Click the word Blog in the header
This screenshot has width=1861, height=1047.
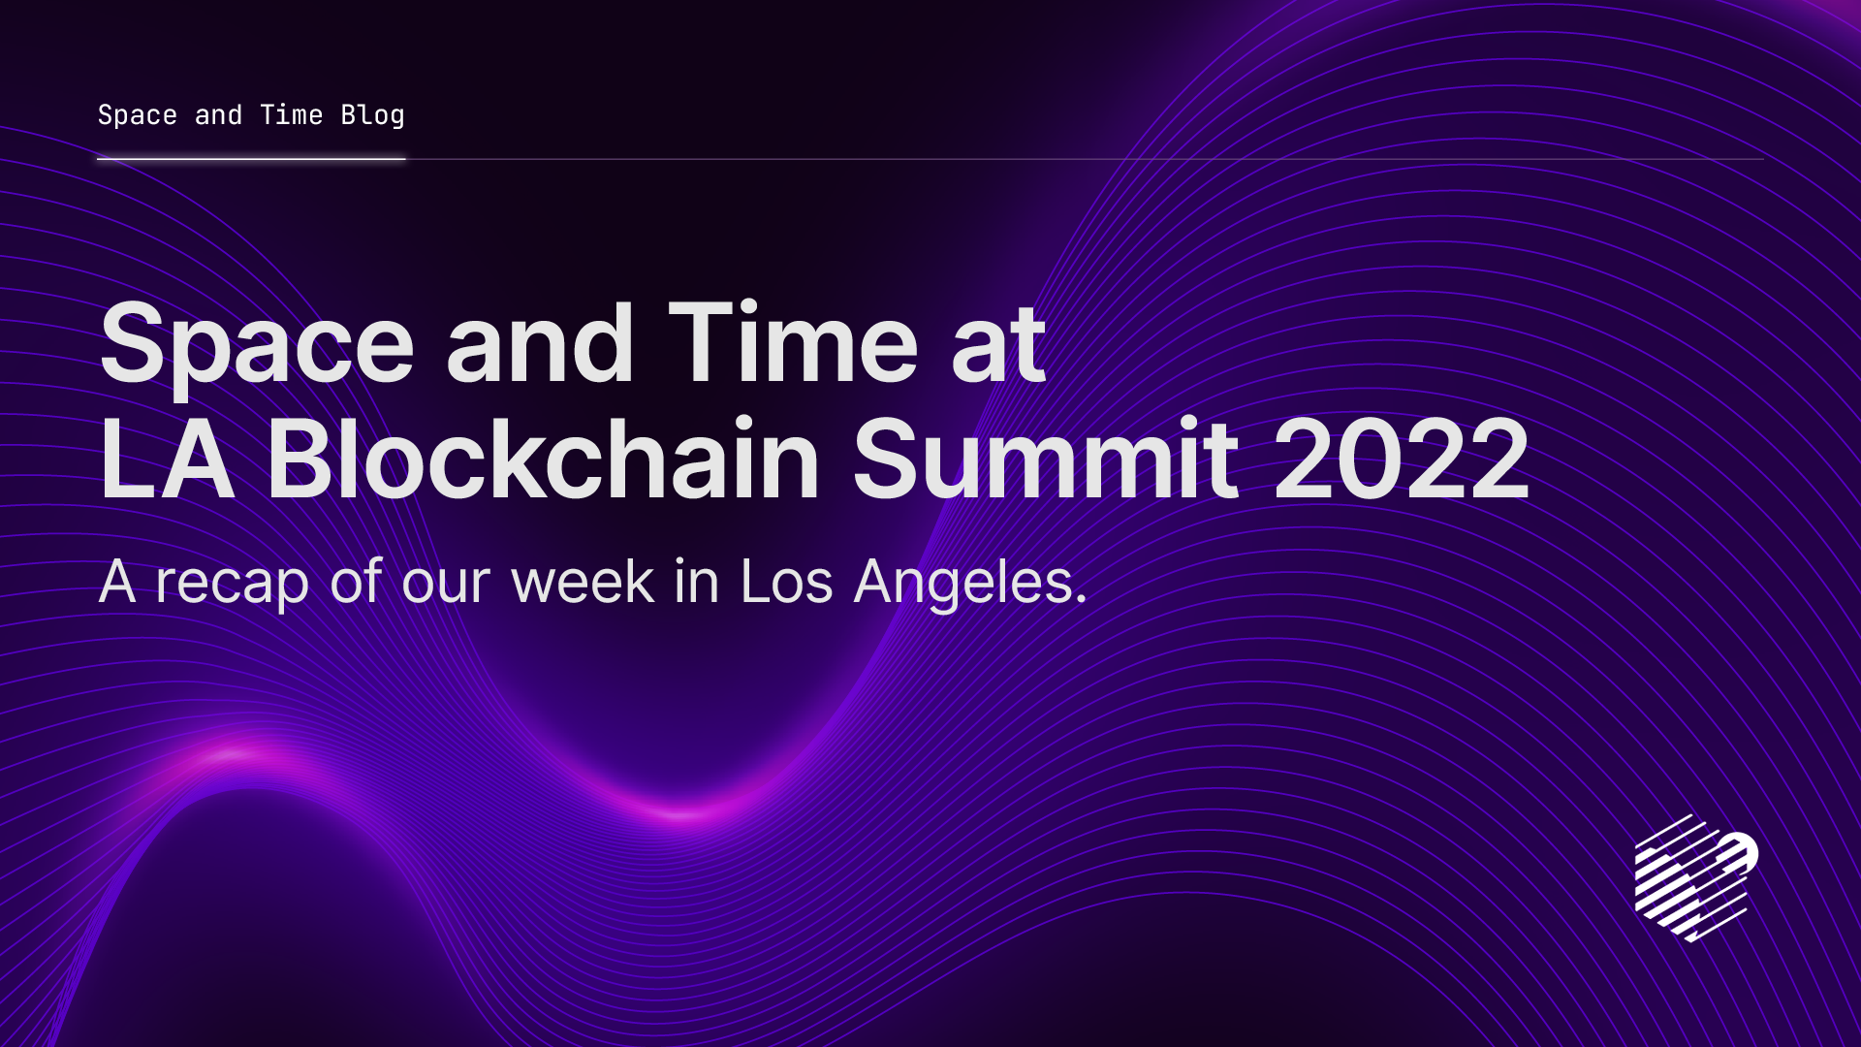[x=372, y=115]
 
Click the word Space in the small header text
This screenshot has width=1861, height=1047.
[x=137, y=115]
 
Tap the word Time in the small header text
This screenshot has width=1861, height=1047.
[x=291, y=115]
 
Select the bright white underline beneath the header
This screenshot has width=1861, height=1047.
[x=250, y=159]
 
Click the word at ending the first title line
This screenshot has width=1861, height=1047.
[x=998, y=346]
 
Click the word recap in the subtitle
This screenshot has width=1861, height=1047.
[x=232, y=584]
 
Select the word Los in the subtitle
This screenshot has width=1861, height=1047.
[x=786, y=582]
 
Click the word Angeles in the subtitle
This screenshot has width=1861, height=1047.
[x=969, y=584]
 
